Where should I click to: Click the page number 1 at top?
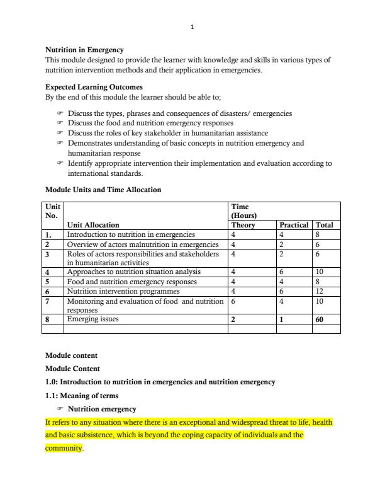click(x=192, y=27)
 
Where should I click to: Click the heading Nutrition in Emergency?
click(x=84, y=50)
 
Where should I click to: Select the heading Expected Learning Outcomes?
click(x=94, y=87)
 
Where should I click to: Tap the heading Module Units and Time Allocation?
click(x=103, y=190)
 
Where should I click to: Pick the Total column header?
click(x=325, y=225)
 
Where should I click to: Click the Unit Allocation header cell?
click(x=93, y=225)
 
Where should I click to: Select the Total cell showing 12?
click(x=320, y=292)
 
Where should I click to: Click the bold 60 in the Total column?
click(x=320, y=319)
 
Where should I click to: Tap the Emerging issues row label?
click(x=92, y=319)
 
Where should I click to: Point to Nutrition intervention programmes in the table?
click(x=123, y=292)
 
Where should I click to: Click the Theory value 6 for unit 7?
click(x=233, y=302)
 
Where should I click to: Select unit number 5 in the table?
click(x=48, y=282)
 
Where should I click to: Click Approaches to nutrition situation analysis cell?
click(x=130, y=273)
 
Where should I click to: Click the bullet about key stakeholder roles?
click(x=167, y=133)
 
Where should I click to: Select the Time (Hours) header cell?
click(x=243, y=210)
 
